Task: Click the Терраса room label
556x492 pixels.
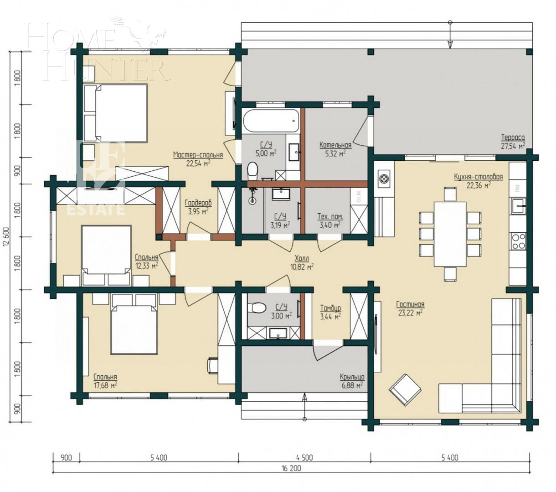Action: (x=513, y=138)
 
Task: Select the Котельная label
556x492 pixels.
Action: (x=335, y=145)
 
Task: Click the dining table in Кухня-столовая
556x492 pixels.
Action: (x=450, y=234)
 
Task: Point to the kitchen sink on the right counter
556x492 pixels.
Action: (x=518, y=206)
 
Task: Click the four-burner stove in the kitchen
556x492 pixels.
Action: (x=518, y=241)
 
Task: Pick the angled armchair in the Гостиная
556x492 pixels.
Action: (x=405, y=389)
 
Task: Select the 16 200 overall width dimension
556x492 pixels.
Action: (x=292, y=468)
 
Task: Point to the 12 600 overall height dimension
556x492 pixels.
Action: (x=5, y=236)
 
